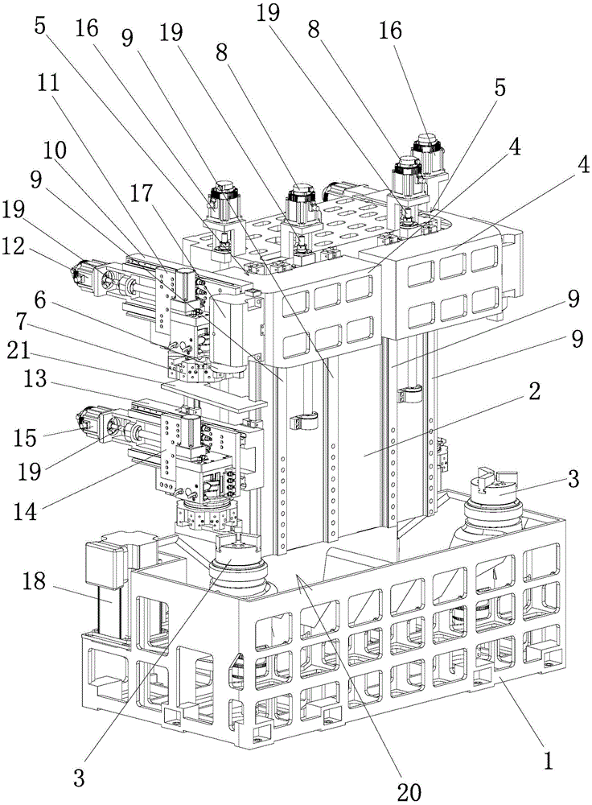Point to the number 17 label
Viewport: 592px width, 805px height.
click(146, 193)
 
